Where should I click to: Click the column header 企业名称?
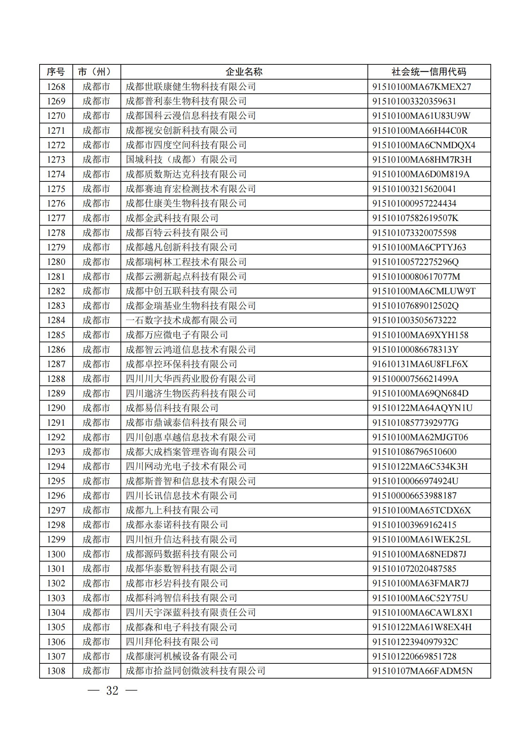point(244,72)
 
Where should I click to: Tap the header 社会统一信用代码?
point(429,72)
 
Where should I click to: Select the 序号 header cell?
point(56,72)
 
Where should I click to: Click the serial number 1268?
point(56,87)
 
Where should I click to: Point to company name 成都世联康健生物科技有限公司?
point(191,87)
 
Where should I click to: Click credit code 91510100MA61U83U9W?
point(421,116)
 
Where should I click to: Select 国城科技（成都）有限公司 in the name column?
point(181,159)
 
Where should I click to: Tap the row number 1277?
point(56,218)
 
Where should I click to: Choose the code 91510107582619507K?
point(415,218)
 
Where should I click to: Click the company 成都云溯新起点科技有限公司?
point(186,277)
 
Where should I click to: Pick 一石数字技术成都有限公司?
point(181,320)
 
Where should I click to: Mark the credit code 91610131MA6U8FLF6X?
point(420,364)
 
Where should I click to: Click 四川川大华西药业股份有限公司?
point(191,379)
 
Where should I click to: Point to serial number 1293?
point(56,452)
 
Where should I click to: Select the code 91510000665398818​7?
point(414,496)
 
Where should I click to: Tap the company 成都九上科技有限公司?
point(172,510)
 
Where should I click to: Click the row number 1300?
point(56,554)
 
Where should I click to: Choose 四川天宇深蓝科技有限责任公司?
point(191,612)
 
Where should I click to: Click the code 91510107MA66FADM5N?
point(422,671)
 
